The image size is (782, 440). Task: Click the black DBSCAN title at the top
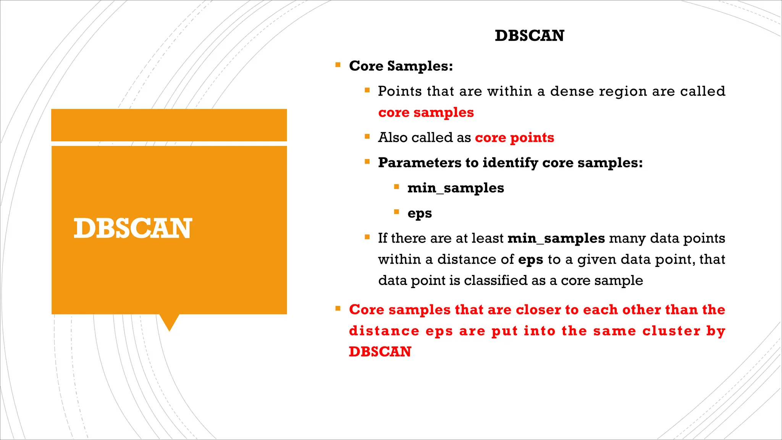[x=529, y=36]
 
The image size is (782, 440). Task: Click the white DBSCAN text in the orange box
[x=132, y=228]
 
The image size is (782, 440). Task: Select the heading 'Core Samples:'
[x=401, y=66]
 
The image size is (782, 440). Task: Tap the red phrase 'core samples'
[x=426, y=113]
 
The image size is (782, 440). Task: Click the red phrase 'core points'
[x=514, y=137]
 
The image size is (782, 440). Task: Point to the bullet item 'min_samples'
[x=456, y=188]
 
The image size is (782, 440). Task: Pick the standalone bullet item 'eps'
[x=419, y=213]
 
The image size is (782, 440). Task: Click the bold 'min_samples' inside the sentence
[x=556, y=238]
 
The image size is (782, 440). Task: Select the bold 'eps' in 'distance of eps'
[x=530, y=260]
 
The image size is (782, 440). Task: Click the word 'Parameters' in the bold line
[x=419, y=163]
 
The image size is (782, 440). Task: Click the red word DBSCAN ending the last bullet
[x=380, y=352]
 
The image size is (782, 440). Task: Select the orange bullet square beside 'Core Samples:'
[x=338, y=65]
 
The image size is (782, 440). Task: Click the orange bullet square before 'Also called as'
[x=367, y=136]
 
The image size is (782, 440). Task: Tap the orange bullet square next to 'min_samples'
[x=396, y=187]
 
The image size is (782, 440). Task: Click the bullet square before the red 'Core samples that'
[x=338, y=308]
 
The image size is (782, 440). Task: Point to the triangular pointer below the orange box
[x=169, y=322]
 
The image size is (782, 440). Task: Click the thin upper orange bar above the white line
[x=169, y=125]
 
